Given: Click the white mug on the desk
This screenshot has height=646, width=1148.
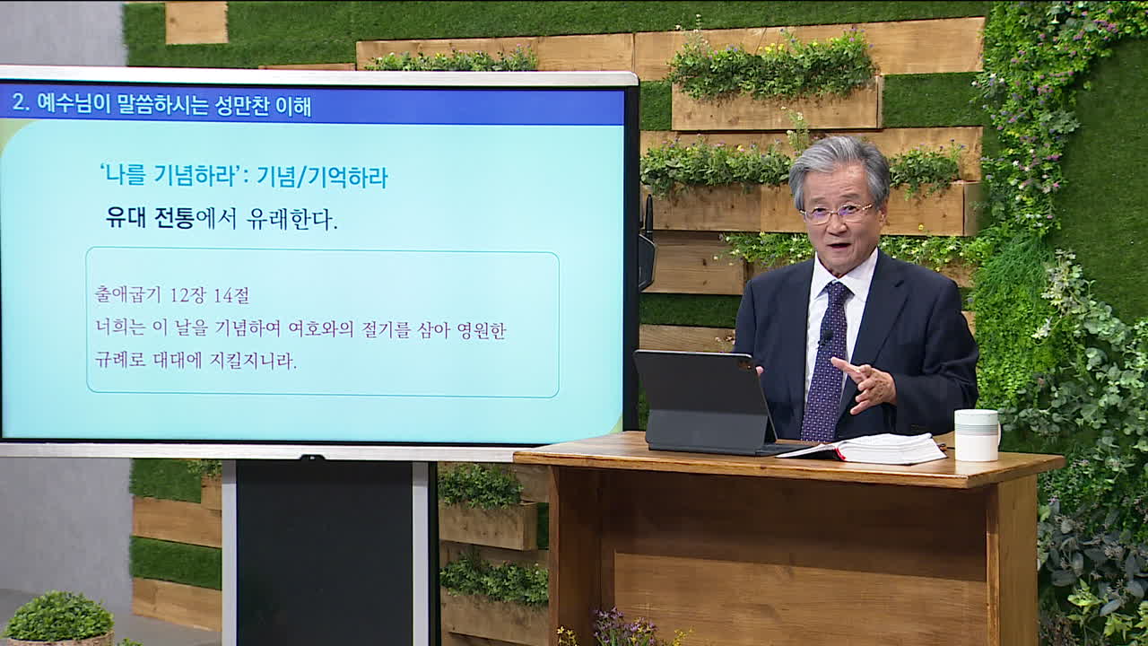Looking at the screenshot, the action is tap(977, 435).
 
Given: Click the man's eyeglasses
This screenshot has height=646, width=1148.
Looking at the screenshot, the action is tap(837, 213).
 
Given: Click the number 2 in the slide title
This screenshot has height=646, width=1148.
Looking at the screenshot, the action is tap(19, 102).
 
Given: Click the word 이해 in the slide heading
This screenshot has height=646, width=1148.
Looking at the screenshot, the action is tap(293, 105).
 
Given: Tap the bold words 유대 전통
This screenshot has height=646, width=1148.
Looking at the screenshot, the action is tap(150, 217).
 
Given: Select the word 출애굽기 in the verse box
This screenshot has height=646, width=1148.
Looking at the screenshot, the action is tap(127, 295).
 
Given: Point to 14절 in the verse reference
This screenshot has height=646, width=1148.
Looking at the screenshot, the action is tap(231, 295).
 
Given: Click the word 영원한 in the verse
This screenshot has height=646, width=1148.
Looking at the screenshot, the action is tap(482, 329).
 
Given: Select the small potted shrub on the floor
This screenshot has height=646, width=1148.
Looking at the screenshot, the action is tap(58, 618).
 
